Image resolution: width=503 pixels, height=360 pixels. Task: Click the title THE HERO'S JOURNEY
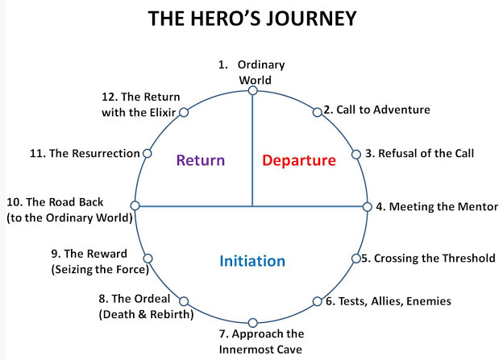pos(252,19)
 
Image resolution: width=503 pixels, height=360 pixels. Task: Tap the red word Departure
pos(299,160)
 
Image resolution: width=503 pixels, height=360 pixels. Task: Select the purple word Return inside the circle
pos(201,160)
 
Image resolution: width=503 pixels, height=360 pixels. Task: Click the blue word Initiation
pos(252,261)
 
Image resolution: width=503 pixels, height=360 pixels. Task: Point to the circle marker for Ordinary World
pos(253,91)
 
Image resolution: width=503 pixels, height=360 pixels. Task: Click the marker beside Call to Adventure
pos(317,112)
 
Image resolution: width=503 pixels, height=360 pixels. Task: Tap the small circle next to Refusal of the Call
pos(356,154)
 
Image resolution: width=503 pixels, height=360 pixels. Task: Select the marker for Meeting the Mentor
pos(368,207)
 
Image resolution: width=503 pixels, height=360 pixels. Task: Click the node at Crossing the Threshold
pos(356,259)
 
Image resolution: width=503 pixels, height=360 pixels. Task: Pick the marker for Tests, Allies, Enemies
pos(317,301)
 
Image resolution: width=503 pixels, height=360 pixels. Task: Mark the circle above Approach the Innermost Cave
pos(253,322)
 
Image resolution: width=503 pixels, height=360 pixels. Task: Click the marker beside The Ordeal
pos(184,301)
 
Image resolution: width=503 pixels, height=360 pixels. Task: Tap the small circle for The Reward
pos(148,259)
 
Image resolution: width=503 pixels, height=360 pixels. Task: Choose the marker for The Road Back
pos(135,205)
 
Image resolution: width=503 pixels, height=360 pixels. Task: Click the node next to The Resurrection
pos(147,154)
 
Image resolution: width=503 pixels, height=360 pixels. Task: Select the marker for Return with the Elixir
pos(184,112)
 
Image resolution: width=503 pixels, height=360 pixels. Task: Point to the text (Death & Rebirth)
pos(146,314)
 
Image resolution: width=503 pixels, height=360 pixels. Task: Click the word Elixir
pos(162,113)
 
